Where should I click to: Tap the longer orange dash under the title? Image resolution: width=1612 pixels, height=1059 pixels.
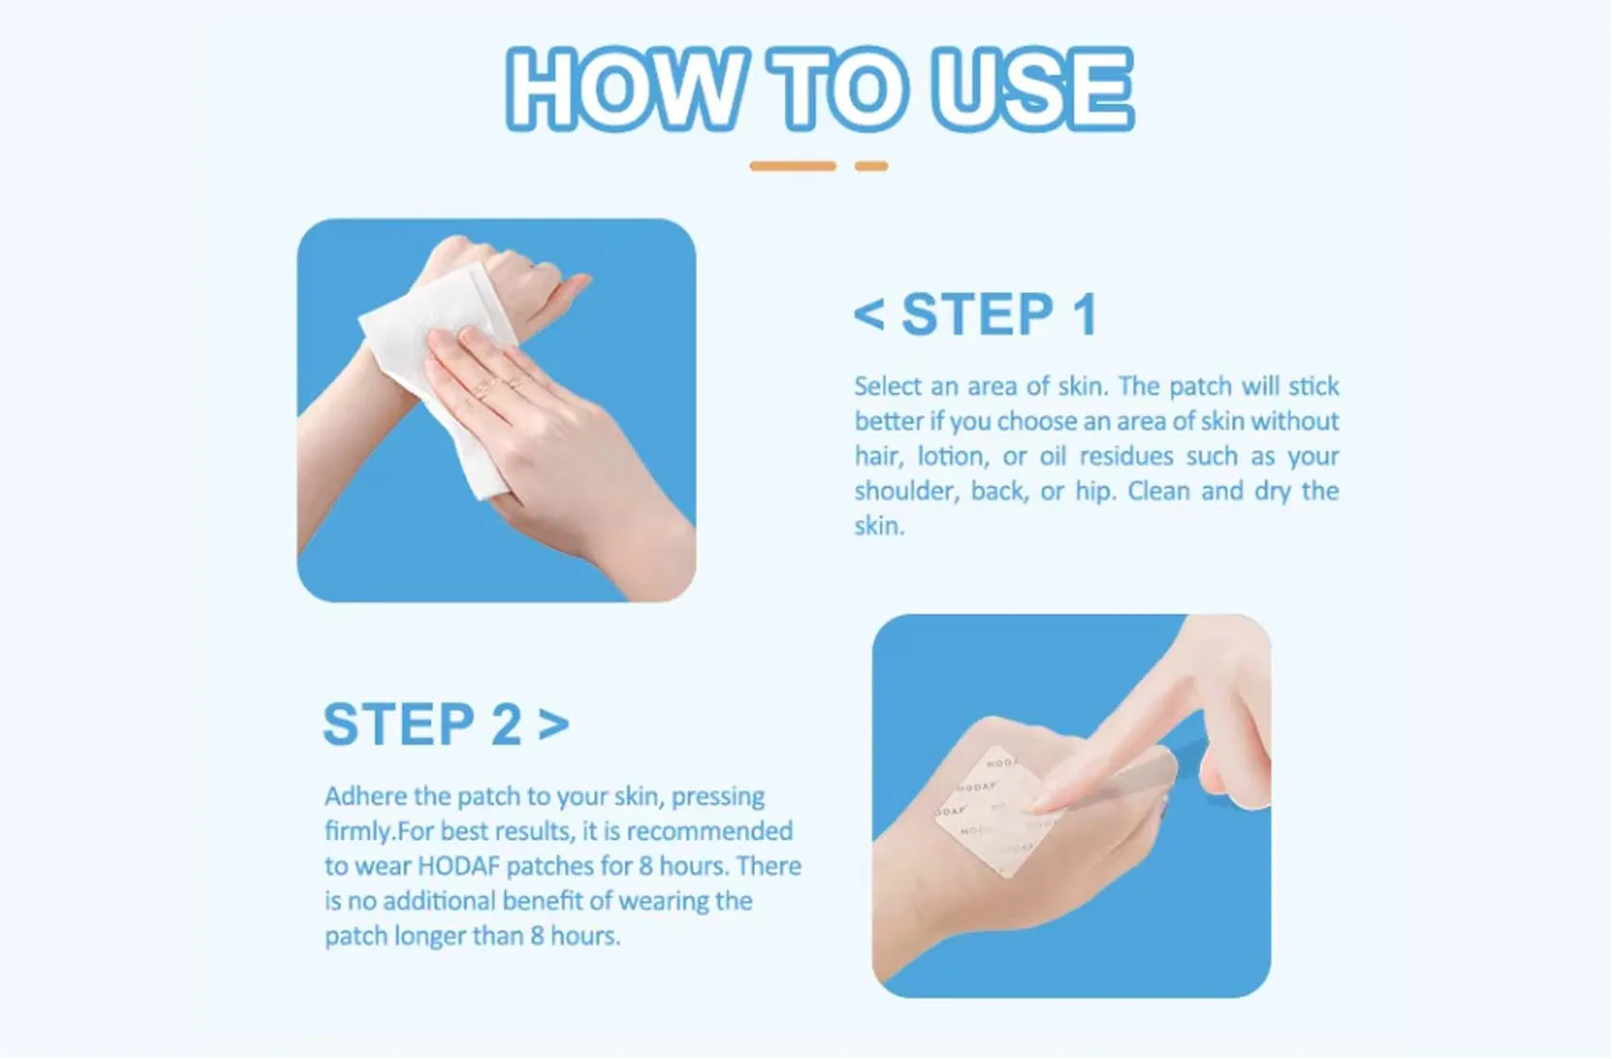[x=793, y=166]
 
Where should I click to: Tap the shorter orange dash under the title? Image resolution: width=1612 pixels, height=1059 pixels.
[x=871, y=166]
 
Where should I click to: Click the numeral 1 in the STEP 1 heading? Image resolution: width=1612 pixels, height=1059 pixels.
[x=1085, y=314]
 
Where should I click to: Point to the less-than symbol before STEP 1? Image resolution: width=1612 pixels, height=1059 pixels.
[x=869, y=315]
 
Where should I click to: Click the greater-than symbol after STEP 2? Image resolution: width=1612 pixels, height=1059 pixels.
[x=553, y=725]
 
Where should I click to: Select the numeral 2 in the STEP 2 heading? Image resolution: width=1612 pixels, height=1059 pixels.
[x=506, y=725]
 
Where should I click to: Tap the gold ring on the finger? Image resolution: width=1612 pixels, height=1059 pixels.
[x=485, y=386]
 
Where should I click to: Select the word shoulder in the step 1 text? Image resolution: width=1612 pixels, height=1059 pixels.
[x=905, y=492]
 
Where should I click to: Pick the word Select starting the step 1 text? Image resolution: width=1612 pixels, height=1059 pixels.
[x=887, y=387]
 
